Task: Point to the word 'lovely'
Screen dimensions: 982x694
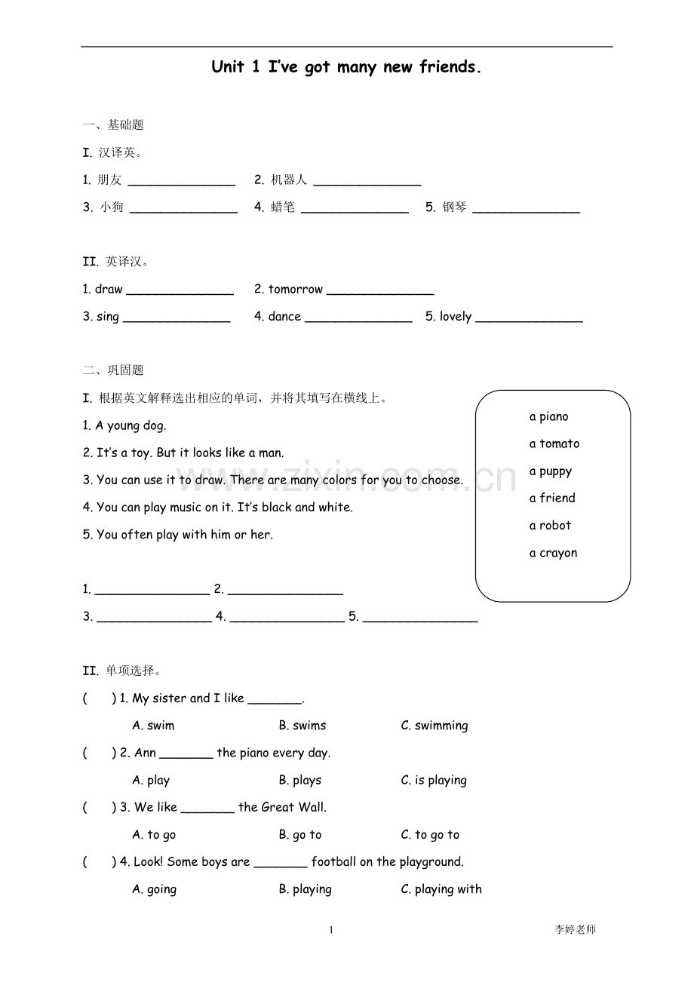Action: (456, 317)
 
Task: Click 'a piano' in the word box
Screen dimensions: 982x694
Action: (548, 416)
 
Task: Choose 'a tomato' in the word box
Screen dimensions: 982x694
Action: (554, 443)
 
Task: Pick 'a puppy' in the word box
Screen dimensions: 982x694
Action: (550, 471)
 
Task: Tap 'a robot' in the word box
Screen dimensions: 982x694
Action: (550, 525)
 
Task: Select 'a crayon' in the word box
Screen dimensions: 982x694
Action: (553, 553)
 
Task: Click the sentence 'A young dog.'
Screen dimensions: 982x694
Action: (124, 425)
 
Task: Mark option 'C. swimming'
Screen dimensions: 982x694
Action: (434, 726)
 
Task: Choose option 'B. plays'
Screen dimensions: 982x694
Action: (299, 780)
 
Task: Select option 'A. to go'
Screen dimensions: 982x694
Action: (154, 834)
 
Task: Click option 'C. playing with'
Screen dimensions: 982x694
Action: (441, 889)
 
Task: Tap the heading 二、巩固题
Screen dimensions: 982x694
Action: (113, 370)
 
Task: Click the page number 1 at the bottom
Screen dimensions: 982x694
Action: (330, 930)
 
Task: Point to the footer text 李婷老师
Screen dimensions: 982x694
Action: (575, 930)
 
